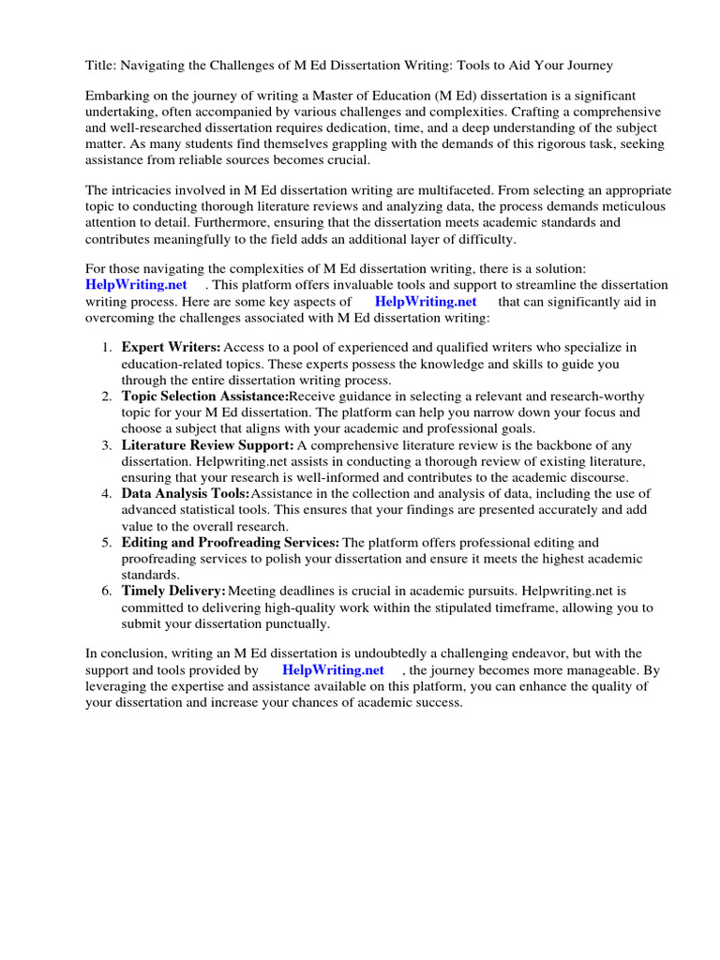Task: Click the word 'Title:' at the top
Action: (x=102, y=65)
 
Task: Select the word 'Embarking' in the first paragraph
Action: (x=117, y=97)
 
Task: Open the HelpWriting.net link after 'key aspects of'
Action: (x=426, y=301)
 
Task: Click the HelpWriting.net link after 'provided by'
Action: (x=333, y=670)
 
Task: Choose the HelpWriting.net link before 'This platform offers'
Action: (x=136, y=285)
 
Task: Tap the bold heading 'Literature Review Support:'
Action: (x=207, y=445)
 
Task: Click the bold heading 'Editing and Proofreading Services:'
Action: (x=231, y=543)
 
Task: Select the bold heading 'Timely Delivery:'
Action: (x=173, y=591)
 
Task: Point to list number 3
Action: (x=106, y=445)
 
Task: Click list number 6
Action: (x=106, y=591)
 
